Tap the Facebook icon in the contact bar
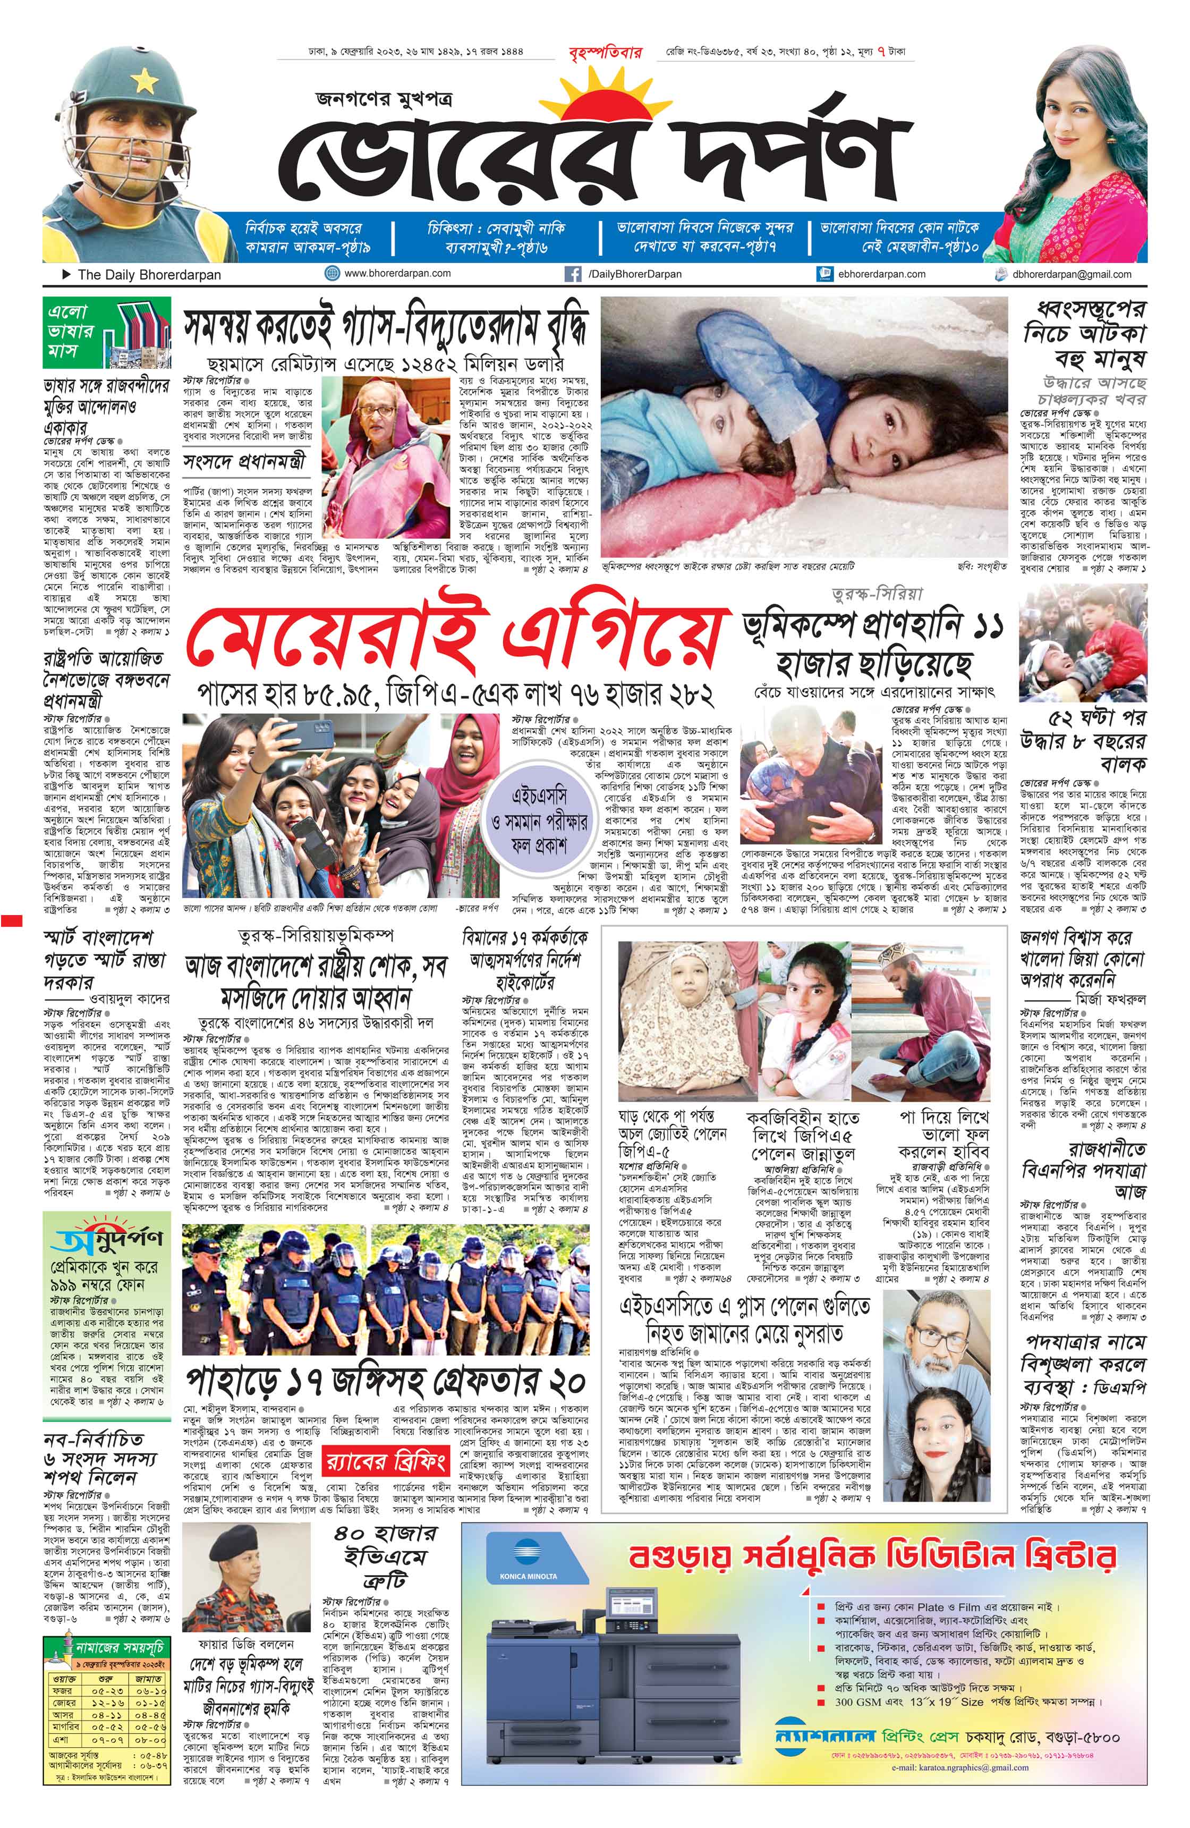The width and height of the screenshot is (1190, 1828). click(x=572, y=274)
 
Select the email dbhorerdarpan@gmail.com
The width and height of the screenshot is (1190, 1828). click(x=1071, y=274)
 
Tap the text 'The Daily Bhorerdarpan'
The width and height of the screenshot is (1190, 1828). click(x=149, y=274)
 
